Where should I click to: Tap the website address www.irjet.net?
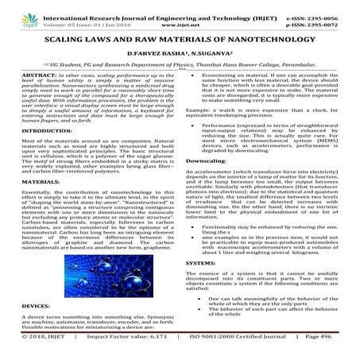[x=182, y=15]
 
